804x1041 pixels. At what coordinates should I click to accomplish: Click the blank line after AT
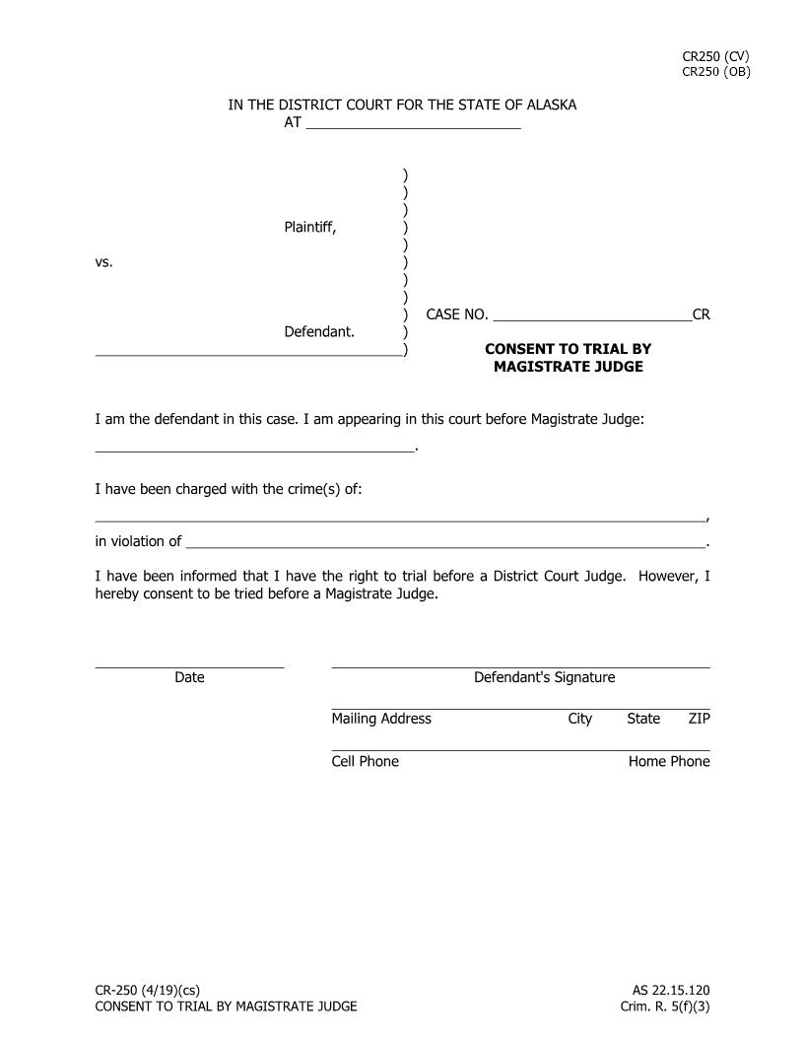pos(413,124)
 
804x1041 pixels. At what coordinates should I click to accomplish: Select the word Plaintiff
pos(309,228)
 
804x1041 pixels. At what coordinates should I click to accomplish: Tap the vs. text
pos(103,262)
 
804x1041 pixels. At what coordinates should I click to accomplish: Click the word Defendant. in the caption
pos(319,332)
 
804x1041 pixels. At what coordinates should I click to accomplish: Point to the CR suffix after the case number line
pos(701,315)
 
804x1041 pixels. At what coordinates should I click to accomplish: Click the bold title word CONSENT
pos(527,349)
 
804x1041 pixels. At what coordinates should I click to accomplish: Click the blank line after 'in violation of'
pos(445,542)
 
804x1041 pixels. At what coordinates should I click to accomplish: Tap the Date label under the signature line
pos(189,677)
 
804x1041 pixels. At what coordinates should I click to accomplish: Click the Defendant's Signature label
pos(544,677)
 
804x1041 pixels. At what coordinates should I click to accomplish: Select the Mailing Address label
pos(381,719)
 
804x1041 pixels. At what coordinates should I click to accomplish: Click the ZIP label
pos(699,719)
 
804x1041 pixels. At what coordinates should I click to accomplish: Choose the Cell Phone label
pos(365,761)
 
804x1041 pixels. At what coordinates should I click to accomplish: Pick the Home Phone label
pos(669,761)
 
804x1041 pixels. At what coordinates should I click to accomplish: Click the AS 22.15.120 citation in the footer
pos(671,991)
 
